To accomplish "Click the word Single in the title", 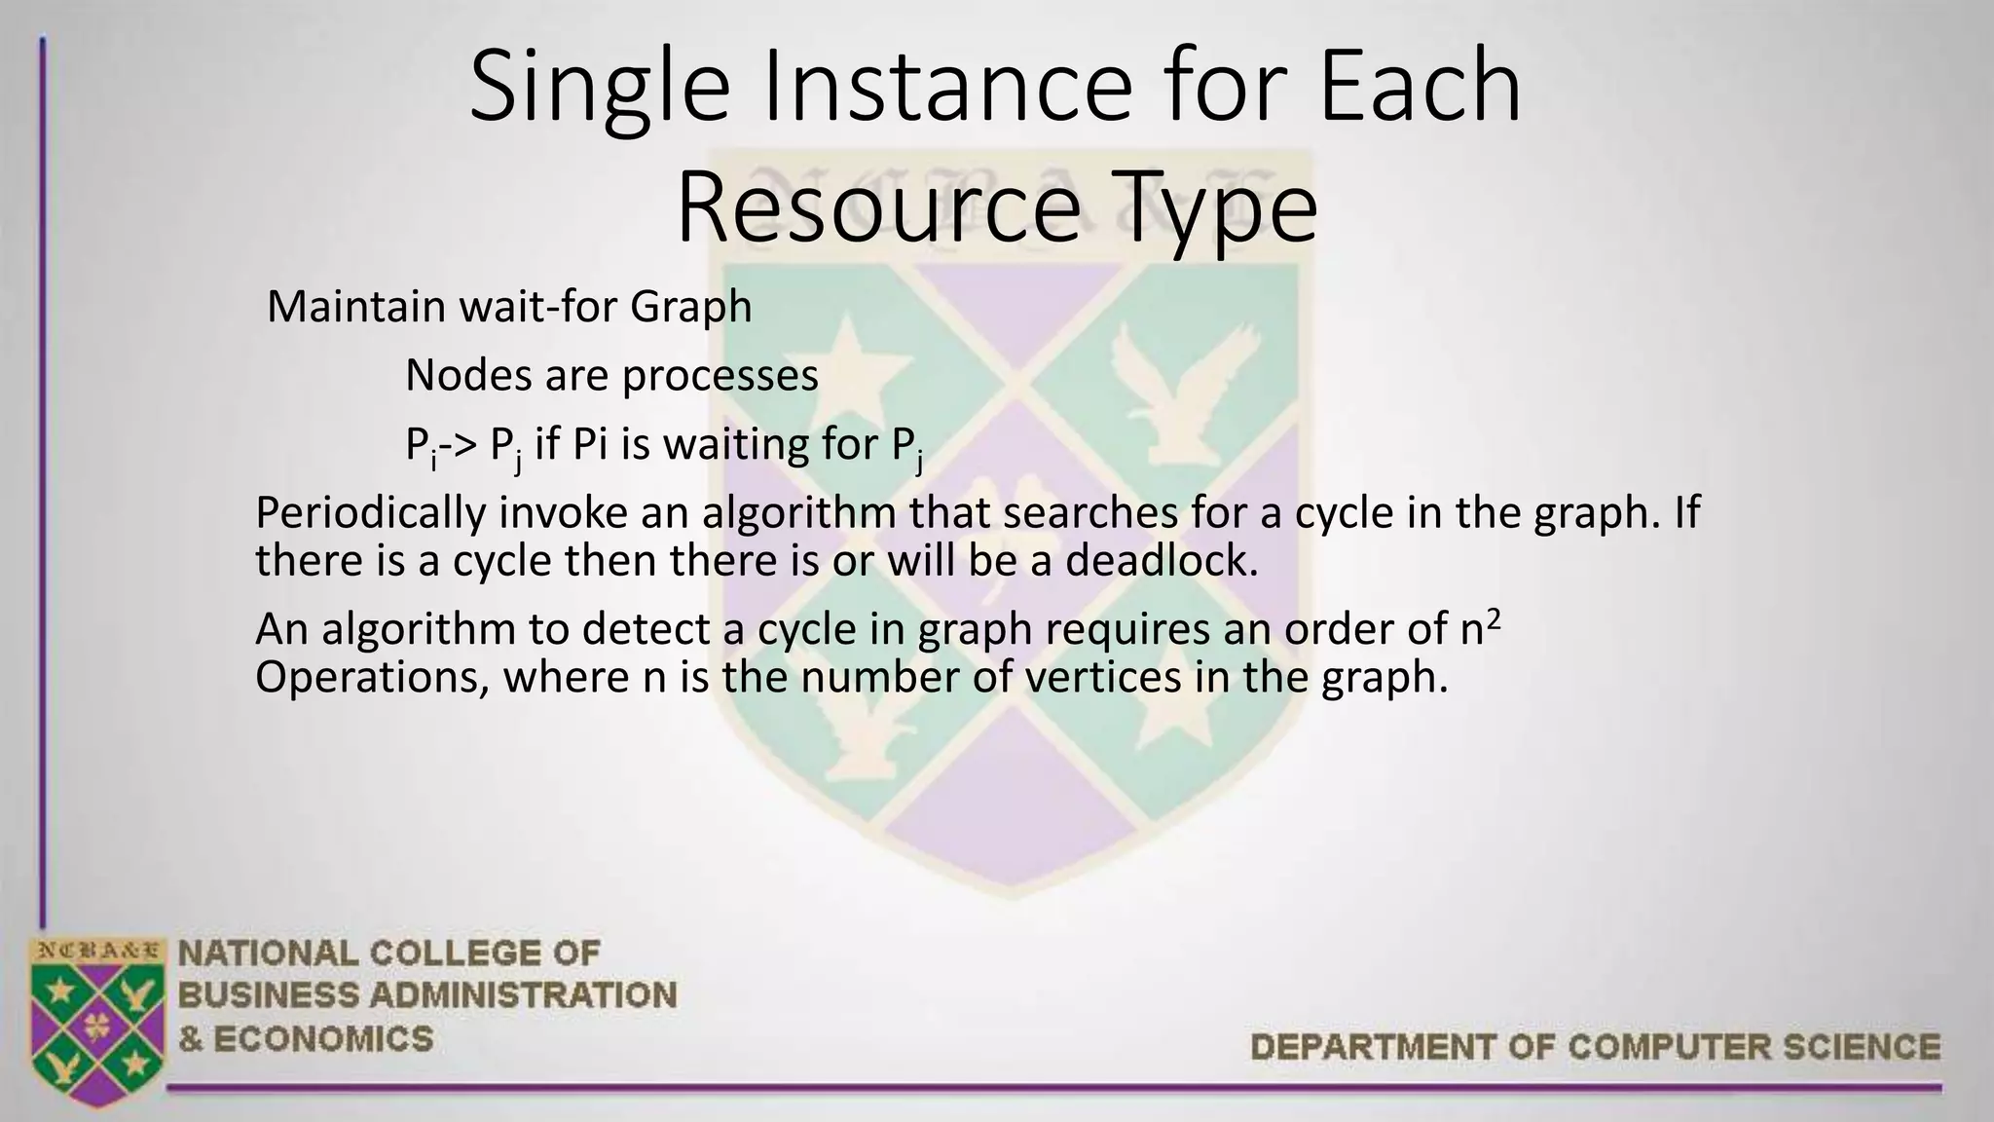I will coord(599,90).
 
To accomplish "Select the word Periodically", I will coord(370,514).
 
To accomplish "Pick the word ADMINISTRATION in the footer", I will coord(525,995).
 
